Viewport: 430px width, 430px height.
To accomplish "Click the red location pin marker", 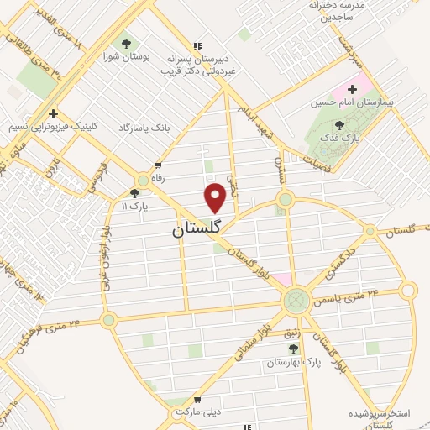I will point(215,198).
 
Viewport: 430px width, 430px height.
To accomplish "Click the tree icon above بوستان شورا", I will point(126,43).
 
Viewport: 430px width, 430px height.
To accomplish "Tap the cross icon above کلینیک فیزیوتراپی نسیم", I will point(53,113).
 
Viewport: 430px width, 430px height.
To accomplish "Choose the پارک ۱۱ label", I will point(134,206).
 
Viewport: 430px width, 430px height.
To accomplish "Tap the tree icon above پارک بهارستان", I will point(293,348).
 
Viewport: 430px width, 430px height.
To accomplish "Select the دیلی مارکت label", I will point(197,414).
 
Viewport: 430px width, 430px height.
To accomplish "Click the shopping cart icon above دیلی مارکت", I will point(197,400).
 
